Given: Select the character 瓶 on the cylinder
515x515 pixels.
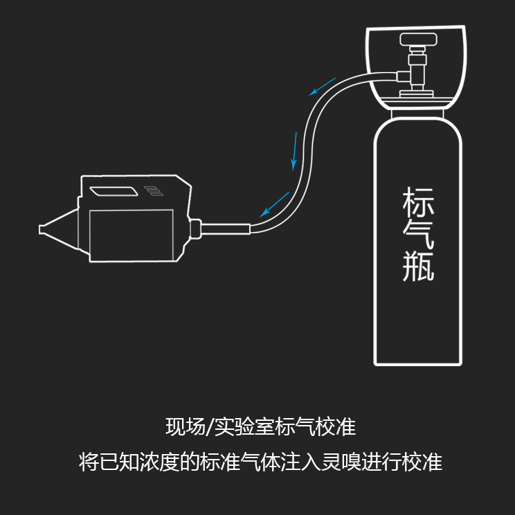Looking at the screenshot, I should click(418, 266).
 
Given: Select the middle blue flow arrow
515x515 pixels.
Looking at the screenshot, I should click(296, 150).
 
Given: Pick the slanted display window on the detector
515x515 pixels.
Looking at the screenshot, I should click(116, 190).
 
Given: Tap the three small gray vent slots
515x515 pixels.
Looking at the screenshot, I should click(151, 190).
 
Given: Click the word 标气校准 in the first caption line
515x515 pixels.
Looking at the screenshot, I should click(316, 427).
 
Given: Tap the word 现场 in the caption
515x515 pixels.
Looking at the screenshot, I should click(181, 427).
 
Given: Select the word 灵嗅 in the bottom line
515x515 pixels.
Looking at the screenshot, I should click(338, 462).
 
